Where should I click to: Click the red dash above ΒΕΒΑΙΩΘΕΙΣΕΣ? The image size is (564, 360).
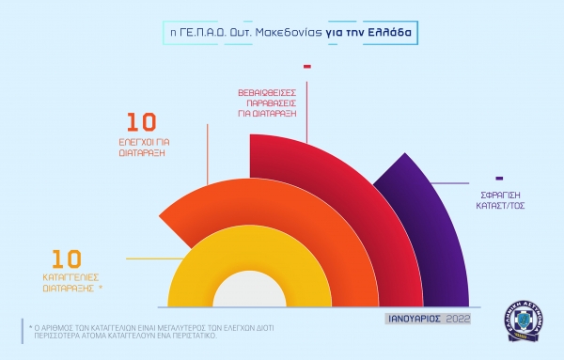click(x=307, y=67)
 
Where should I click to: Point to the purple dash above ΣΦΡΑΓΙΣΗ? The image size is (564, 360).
click(x=499, y=177)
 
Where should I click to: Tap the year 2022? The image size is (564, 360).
click(x=455, y=319)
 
